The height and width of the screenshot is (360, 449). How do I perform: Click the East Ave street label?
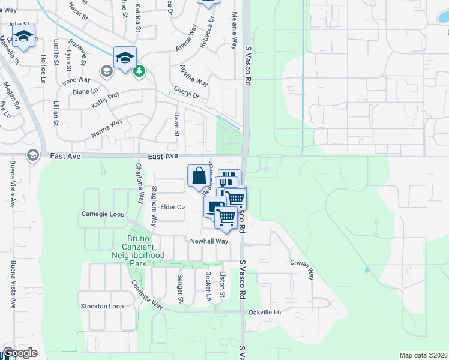click(x=163, y=156)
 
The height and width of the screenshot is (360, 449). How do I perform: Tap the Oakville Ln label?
click(x=265, y=313)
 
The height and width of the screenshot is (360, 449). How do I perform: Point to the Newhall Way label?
click(x=209, y=241)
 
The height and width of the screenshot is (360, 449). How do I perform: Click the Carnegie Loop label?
click(x=103, y=214)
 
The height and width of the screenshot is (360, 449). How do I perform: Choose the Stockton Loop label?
click(x=102, y=306)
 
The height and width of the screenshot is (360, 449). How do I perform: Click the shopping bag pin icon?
click(x=199, y=176)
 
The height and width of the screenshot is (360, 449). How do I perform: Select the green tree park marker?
click(x=139, y=71)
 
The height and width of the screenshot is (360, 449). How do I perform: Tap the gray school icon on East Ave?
click(x=32, y=156)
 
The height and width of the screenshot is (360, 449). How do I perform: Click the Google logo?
click(x=20, y=353)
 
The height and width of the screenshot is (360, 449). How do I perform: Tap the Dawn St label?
click(x=177, y=124)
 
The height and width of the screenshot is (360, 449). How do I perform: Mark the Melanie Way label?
click(x=234, y=34)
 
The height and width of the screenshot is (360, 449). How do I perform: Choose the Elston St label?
click(x=222, y=284)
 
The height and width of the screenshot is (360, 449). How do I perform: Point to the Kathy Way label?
click(x=106, y=100)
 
